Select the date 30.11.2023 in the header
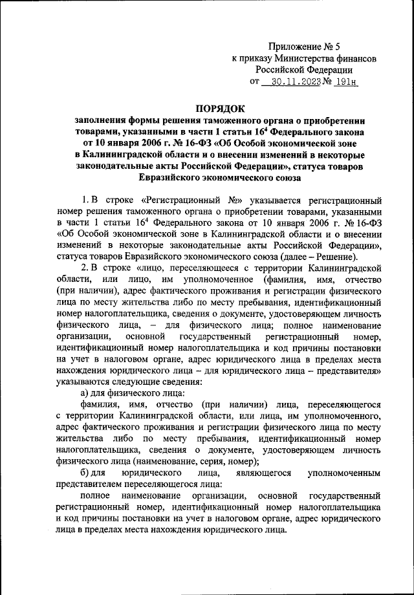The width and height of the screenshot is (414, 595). pos(294,82)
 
